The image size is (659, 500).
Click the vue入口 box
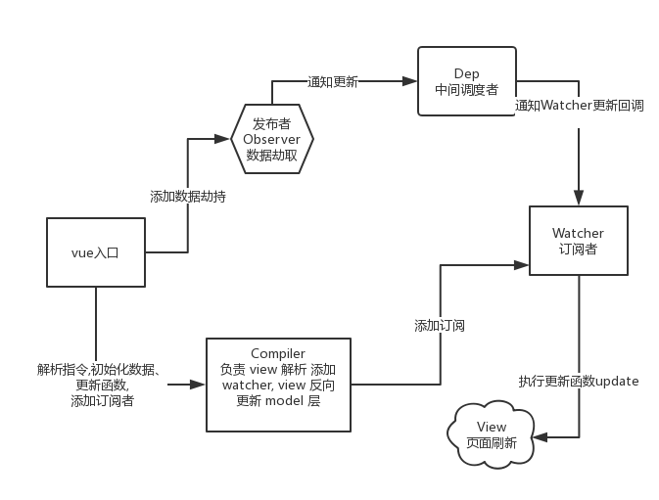coord(96,252)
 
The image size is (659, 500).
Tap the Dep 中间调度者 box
coord(466,81)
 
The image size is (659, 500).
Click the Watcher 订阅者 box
coord(578,241)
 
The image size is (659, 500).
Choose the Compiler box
coord(278,385)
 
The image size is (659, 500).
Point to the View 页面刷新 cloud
coord(492,434)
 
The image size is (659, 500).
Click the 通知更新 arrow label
coord(333,82)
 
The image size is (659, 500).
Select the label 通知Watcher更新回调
coord(579,106)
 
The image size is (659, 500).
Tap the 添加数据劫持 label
coord(188,196)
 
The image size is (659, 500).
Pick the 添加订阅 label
coord(439,326)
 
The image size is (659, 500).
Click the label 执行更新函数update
coord(579,381)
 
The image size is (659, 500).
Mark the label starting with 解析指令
coord(103,385)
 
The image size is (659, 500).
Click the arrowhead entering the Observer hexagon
coord(226,139)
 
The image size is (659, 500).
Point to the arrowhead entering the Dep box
coord(411,81)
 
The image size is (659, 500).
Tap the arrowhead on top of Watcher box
coord(578,200)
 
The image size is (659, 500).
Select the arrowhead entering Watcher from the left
coord(524,263)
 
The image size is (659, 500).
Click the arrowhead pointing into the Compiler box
coord(201,385)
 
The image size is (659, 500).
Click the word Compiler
coord(278,353)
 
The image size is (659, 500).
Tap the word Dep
coord(466,74)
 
